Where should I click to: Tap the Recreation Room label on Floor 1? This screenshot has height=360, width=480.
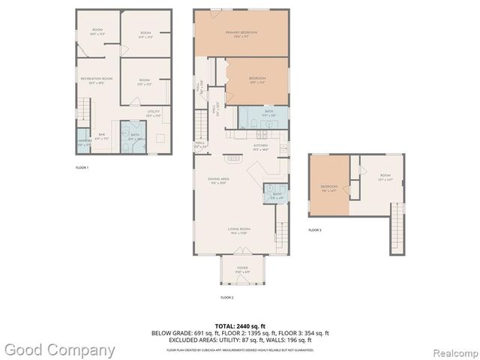97,79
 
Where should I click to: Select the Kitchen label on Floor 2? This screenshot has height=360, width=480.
260,146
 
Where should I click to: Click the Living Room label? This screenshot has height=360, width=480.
239,230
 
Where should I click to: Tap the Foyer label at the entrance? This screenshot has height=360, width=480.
242,268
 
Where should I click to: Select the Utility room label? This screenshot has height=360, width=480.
154,112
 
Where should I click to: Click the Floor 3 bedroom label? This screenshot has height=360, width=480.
329,187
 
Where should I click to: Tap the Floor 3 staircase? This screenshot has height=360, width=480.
395,229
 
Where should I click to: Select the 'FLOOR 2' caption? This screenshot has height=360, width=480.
227,298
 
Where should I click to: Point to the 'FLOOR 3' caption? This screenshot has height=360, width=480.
315,229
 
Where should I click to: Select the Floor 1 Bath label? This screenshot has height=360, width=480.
135,136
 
